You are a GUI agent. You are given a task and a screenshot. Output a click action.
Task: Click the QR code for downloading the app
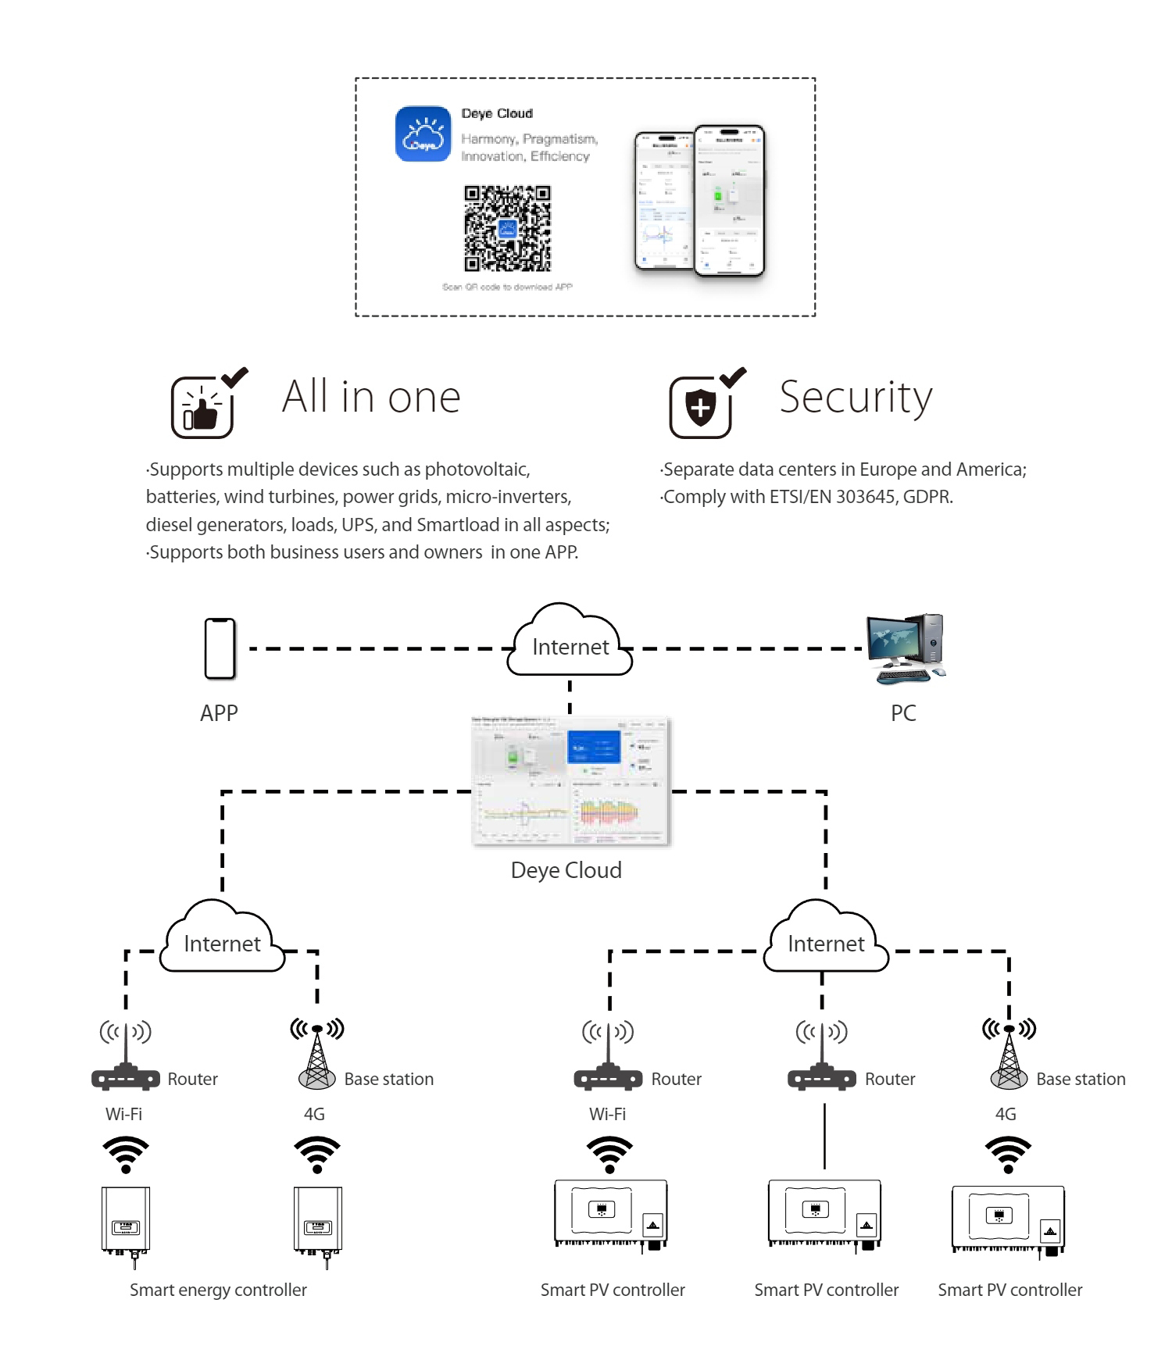507,228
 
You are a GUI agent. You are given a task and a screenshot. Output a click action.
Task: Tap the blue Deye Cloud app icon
423,134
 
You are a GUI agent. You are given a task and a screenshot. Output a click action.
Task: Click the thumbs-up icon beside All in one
202,408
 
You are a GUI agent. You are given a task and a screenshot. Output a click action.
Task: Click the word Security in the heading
856,398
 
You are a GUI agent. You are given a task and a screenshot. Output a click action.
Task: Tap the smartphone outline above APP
220,648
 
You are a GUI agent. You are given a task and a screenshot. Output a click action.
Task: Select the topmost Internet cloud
570,643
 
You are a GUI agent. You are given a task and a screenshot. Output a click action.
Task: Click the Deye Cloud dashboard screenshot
570,780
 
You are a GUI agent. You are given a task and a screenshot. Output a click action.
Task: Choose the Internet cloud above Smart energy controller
222,940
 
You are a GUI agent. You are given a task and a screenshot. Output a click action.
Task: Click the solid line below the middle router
824,1137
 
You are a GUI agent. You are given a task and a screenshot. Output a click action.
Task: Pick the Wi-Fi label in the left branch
124,1115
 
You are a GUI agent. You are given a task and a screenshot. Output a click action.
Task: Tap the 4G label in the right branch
1006,1115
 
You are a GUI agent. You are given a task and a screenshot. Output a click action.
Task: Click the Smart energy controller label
218,1290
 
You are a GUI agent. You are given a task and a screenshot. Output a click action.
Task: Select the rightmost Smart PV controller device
1008,1219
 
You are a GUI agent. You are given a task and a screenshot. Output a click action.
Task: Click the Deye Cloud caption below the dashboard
566,871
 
